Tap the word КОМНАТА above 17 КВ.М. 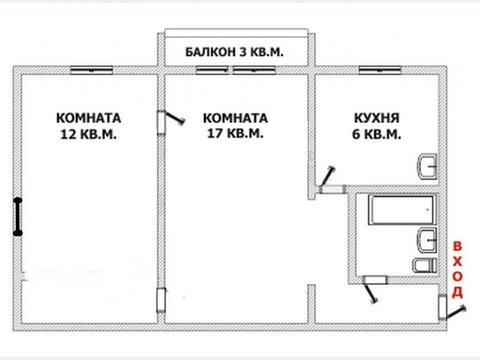coord(233,115)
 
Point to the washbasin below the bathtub coord(425,238)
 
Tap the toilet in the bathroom coord(421,265)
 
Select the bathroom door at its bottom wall coord(372,287)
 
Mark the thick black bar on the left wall coord(17,216)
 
